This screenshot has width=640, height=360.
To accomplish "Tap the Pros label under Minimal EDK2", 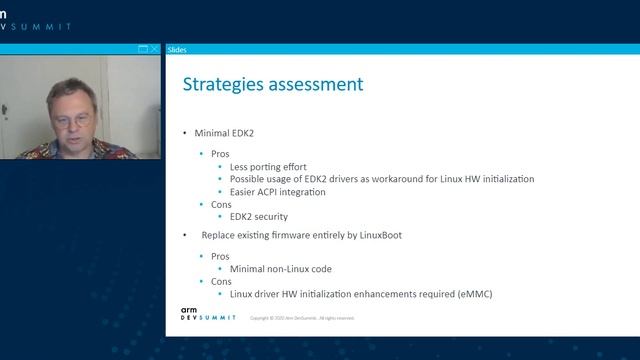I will coord(221,154).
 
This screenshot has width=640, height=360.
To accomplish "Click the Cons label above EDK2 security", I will coord(222,204).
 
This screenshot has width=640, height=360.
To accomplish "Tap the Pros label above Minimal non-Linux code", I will coord(221,257).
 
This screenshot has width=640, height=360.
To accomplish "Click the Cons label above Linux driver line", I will coord(222,282).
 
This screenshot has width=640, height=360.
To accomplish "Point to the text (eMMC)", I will coord(476,294).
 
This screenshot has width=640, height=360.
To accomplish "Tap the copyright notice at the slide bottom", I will coord(302,318).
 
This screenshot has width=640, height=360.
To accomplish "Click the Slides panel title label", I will coord(177,49).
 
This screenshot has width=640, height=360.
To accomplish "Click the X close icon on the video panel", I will coord(155,49).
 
